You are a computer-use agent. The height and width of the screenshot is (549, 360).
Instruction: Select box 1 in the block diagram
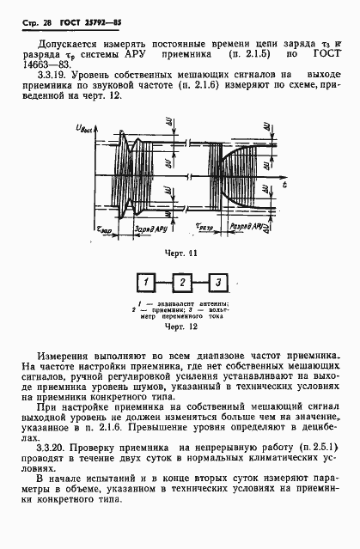click(149, 283)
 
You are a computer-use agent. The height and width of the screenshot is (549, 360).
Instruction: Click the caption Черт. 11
click(183, 254)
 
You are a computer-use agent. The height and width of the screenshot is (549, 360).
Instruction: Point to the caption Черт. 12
click(183, 327)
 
